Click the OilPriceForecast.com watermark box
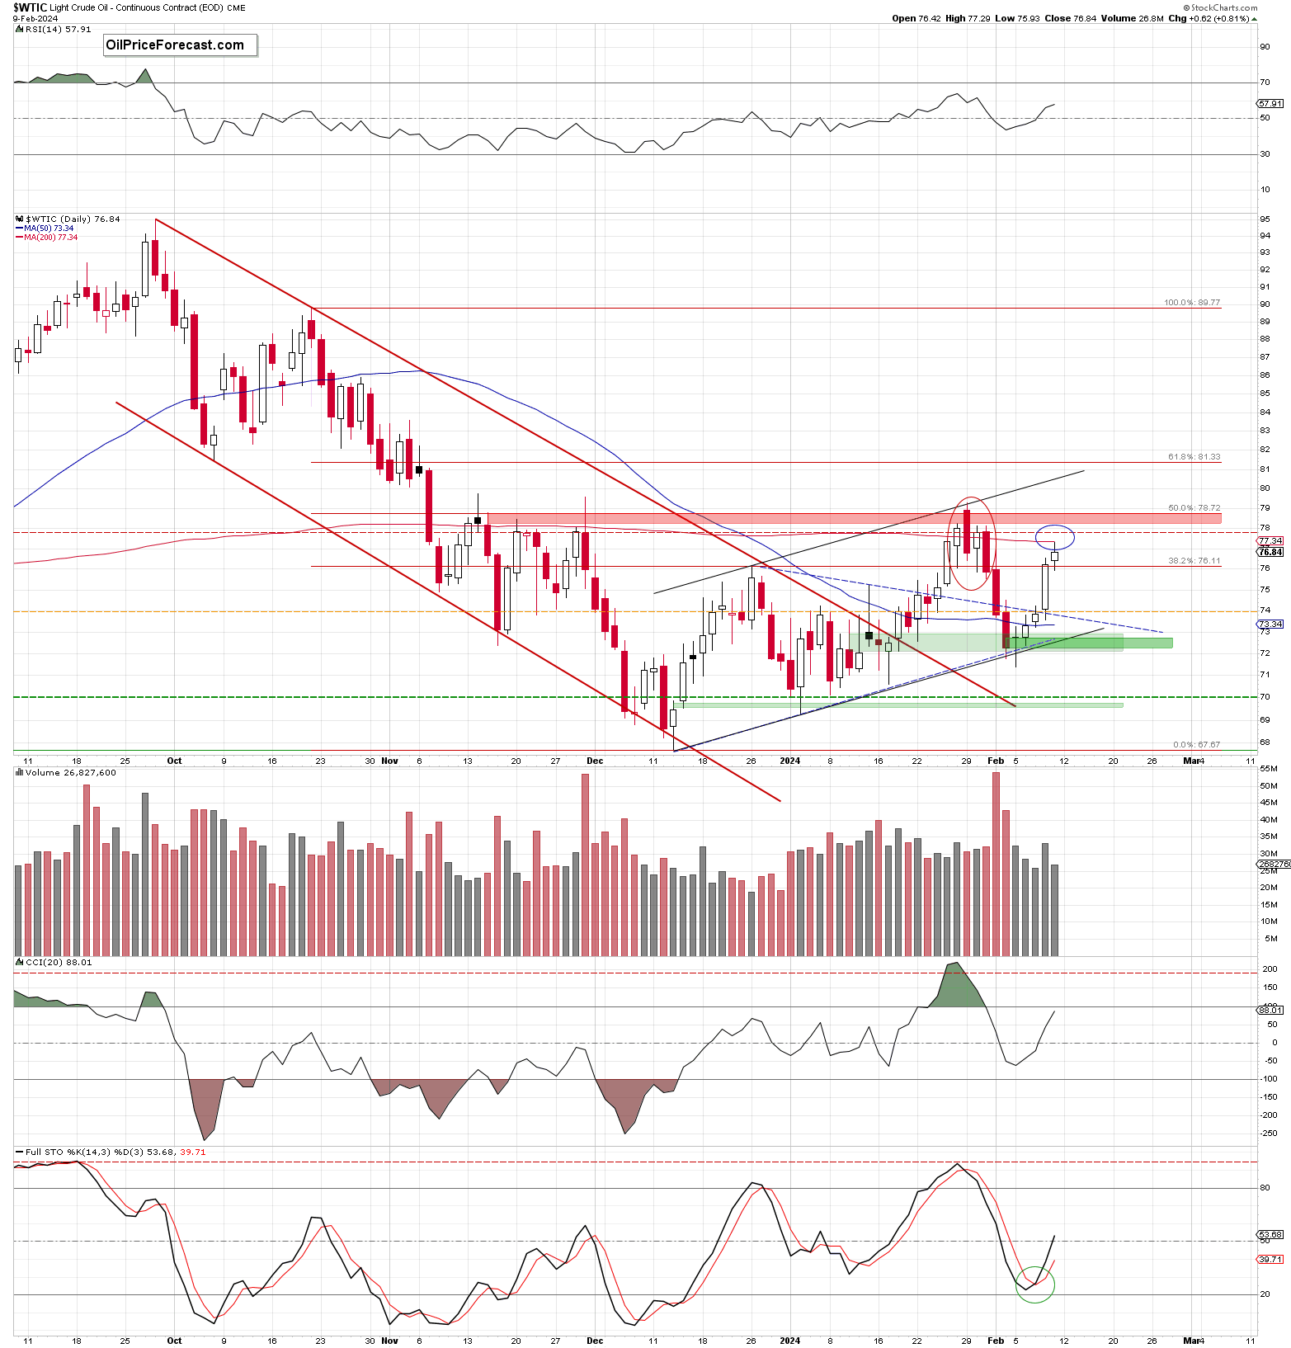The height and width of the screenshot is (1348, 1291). point(180,45)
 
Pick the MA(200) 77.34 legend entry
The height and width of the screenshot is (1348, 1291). point(49,238)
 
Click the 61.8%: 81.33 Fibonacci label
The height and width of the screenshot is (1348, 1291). point(1194,457)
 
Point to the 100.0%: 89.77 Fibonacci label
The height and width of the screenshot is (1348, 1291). point(1191,303)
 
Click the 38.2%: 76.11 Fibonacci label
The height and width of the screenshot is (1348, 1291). point(1194,561)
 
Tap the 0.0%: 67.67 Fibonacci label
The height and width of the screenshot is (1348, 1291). point(1196,745)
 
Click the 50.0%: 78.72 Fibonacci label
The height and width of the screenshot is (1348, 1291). point(1194,508)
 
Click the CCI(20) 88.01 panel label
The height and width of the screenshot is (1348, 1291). point(59,963)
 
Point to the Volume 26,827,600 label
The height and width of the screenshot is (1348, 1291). point(70,773)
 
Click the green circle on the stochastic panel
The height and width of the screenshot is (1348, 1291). point(1034,1284)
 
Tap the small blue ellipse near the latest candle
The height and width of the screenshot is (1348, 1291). point(1055,537)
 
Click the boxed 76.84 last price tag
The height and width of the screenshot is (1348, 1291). point(1270,553)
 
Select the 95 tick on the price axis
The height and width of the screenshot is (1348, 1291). point(1265,219)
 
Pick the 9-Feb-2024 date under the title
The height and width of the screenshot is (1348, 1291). point(35,18)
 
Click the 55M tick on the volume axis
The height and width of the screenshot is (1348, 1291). point(1268,769)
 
